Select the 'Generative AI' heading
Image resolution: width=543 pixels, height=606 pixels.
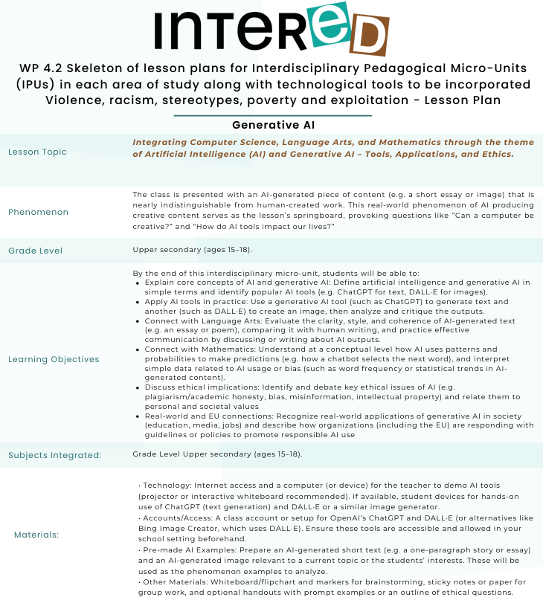tap(272, 125)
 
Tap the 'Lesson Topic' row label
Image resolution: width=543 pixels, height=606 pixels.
tap(37, 152)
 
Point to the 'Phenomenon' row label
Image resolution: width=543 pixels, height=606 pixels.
tap(38, 212)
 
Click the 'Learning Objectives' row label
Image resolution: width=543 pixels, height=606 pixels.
tap(54, 359)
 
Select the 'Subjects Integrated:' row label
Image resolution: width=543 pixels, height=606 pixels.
tap(55, 455)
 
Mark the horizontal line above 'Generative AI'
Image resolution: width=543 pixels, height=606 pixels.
tap(272, 116)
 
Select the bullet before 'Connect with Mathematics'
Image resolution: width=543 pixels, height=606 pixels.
tap(139, 349)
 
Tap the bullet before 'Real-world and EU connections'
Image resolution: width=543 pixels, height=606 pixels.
tap(139, 416)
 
